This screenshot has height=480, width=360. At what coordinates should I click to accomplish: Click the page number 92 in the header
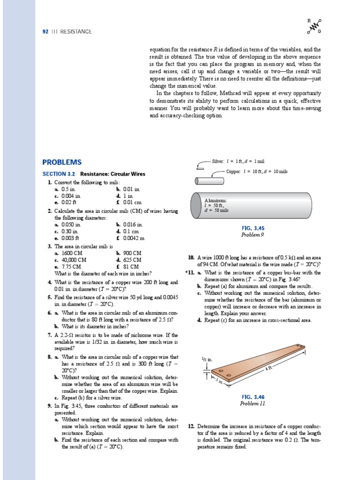(x=46, y=31)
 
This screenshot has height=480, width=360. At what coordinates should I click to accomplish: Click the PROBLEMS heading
(x=62, y=162)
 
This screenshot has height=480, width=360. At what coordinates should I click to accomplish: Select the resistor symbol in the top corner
(x=314, y=26)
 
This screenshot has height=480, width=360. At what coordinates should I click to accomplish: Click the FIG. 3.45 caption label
(x=253, y=228)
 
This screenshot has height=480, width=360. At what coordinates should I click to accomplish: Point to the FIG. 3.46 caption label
(x=253, y=397)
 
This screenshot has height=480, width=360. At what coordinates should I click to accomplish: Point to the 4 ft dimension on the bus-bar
(x=269, y=368)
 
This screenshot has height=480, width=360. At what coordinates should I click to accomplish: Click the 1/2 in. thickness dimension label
(x=206, y=359)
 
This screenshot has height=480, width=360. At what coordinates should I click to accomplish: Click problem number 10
(x=191, y=257)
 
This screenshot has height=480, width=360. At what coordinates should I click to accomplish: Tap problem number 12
(x=191, y=426)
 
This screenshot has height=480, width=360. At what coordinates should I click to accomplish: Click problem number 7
(x=49, y=335)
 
